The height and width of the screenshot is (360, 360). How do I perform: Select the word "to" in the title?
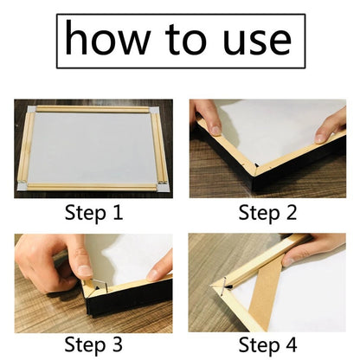(186, 40)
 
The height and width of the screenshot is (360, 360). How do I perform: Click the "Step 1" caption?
(93, 213)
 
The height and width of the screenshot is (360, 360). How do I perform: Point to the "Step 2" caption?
(267, 213)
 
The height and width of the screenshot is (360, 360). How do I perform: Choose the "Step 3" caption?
(93, 345)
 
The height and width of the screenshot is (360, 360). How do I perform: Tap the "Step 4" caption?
(267, 345)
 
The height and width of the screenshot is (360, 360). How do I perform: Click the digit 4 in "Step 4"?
(291, 344)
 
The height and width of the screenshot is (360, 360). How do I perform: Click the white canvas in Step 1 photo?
(93, 148)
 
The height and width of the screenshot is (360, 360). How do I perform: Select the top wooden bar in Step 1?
(93, 109)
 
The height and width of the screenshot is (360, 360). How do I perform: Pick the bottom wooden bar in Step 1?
(93, 187)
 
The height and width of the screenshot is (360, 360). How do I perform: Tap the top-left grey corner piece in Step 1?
(31, 109)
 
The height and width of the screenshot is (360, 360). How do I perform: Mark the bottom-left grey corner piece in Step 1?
(22, 186)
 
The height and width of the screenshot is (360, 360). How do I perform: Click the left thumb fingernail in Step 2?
(215, 131)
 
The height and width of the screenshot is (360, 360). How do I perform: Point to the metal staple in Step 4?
(223, 286)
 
